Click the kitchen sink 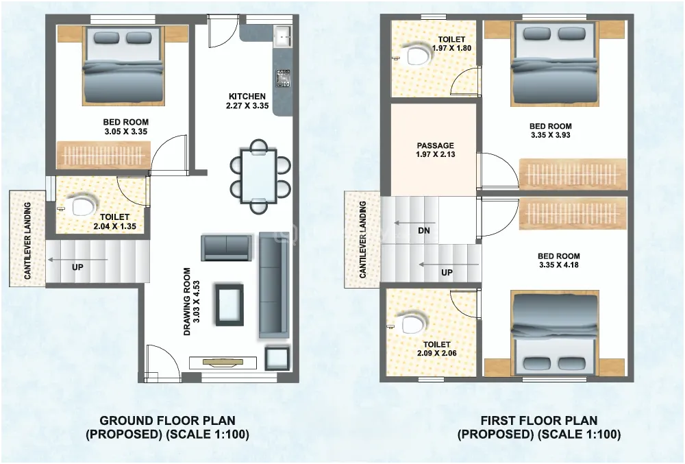(282, 36)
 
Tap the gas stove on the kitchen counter (283, 78)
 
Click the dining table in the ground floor (259, 176)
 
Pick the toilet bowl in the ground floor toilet (82, 206)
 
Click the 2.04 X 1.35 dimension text (115, 226)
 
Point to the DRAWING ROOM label (187, 302)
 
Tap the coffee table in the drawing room (229, 304)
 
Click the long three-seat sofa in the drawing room (274, 285)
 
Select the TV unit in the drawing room (223, 363)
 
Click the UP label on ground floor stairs (77, 267)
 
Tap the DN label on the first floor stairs (424, 230)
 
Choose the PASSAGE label (435, 145)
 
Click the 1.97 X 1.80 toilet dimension (451, 48)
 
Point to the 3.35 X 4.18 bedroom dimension (559, 265)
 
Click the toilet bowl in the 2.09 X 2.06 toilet (412, 323)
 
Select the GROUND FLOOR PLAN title (168, 421)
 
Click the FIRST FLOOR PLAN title (539, 421)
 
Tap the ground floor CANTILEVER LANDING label (27, 241)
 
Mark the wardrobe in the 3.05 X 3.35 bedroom (103, 154)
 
